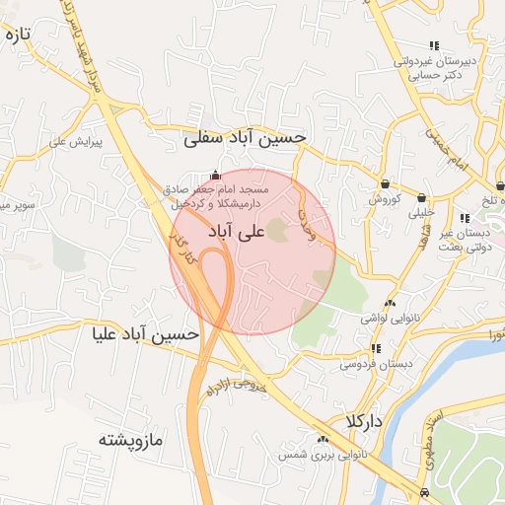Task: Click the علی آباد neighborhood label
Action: pyautogui.click(x=238, y=231)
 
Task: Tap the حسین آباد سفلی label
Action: pyautogui.click(x=246, y=139)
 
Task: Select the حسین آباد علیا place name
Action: pyautogui.click(x=145, y=334)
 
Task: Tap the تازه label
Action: pyautogui.click(x=19, y=35)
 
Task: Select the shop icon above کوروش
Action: pyautogui.click(x=384, y=183)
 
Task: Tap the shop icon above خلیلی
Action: pyautogui.click(x=422, y=196)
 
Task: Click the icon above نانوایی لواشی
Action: pyautogui.click(x=391, y=304)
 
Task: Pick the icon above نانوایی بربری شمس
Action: pyautogui.click(x=322, y=439)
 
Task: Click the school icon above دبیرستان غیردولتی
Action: pyautogui.click(x=434, y=45)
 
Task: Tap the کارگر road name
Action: pyautogui.click(x=181, y=252)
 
